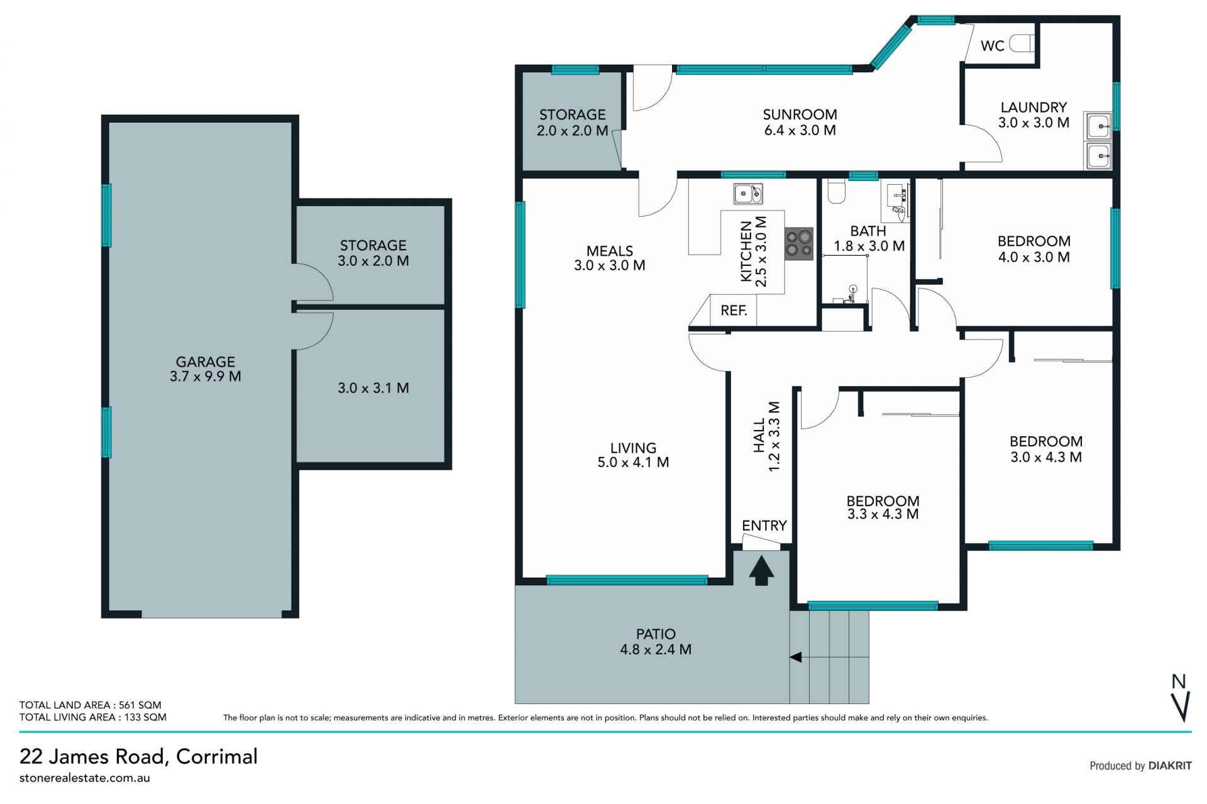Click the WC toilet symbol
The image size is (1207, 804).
[x=1022, y=44]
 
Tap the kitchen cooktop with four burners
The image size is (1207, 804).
[x=799, y=244]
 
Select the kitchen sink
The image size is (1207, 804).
[x=748, y=194]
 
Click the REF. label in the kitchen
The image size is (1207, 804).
[x=734, y=311]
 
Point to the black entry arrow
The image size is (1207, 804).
[x=761, y=570]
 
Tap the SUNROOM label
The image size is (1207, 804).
[x=800, y=114]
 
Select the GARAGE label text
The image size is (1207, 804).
[x=205, y=361]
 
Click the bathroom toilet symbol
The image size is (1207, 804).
[x=836, y=192]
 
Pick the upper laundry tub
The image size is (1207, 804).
[x=1098, y=126]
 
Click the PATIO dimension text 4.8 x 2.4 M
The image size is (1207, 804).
[x=656, y=649]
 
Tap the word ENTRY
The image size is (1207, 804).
[x=764, y=526]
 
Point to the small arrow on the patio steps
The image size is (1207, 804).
[x=796, y=658]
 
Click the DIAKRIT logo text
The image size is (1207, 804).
[x=1170, y=766]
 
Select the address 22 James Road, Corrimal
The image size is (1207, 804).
[x=138, y=756]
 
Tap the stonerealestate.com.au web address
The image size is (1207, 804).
[x=85, y=778]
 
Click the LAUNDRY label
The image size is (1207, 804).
[x=1033, y=107]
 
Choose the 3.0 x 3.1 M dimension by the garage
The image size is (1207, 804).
[x=373, y=388]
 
